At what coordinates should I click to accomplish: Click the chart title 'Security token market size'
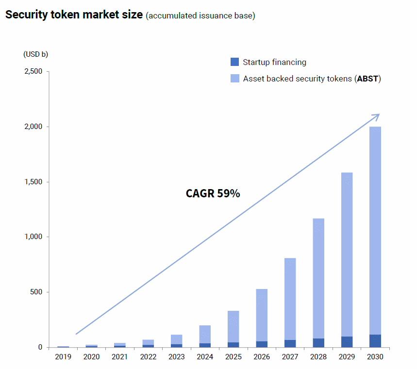(x=74, y=15)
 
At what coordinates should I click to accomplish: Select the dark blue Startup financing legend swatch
(x=234, y=62)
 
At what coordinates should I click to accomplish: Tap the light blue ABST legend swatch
(x=234, y=79)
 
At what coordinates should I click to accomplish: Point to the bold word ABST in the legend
(x=367, y=79)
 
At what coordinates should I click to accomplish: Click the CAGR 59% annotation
(x=213, y=193)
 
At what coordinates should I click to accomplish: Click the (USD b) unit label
(x=35, y=54)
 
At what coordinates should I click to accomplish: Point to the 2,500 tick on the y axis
(x=33, y=71)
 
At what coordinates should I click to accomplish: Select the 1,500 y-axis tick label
(x=33, y=182)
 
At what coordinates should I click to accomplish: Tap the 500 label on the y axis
(x=36, y=292)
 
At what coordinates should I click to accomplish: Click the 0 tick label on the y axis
(x=40, y=347)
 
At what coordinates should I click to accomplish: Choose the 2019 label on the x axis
(x=63, y=357)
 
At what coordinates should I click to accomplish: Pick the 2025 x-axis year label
(x=233, y=357)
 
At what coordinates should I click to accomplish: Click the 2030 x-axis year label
(x=375, y=357)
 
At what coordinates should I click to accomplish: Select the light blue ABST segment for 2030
(x=375, y=231)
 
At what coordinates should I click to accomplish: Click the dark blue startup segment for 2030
(x=375, y=341)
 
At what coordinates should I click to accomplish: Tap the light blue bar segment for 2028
(x=318, y=278)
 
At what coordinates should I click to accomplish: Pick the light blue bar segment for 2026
(x=262, y=315)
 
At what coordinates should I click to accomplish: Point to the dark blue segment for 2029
(x=347, y=342)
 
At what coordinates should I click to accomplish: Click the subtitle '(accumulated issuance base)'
(x=200, y=16)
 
